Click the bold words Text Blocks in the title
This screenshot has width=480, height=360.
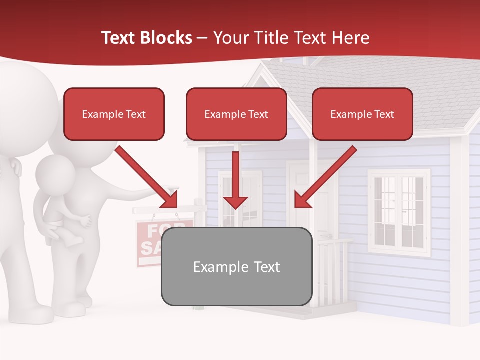(x=146, y=38)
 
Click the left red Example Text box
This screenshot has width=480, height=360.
(x=114, y=114)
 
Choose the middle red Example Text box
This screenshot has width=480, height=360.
(x=236, y=114)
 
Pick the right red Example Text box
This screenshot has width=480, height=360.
(x=362, y=114)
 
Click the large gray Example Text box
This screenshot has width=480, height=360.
(x=236, y=266)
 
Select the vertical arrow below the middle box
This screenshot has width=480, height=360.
(x=235, y=180)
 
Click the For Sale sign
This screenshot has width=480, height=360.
(x=150, y=240)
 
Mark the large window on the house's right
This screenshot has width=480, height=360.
(x=399, y=212)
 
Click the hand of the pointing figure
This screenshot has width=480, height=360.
(x=173, y=190)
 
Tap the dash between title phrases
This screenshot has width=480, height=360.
(x=202, y=38)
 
